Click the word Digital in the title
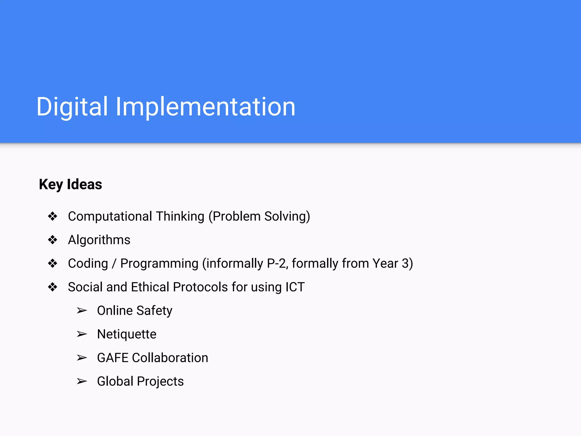pyautogui.click(x=72, y=107)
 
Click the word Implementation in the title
pyautogui.click(x=206, y=107)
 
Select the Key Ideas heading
pyautogui.click(x=70, y=185)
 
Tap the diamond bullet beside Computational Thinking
pyautogui.click(x=52, y=216)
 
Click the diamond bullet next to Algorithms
pyautogui.click(x=52, y=240)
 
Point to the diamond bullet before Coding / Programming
pyautogui.click(x=52, y=263)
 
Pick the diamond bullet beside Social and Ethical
pyautogui.click(x=52, y=287)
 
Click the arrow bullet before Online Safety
pyautogui.click(x=82, y=311)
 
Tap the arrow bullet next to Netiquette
pyautogui.click(x=82, y=334)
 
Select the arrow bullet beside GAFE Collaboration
pyautogui.click(x=82, y=358)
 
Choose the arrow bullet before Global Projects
pyautogui.click(x=82, y=381)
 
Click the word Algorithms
pyautogui.click(x=99, y=240)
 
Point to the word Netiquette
pyautogui.click(x=127, y=334)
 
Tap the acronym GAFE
pyautogui.click(x=113, y=358)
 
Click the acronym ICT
pyautogui.click(x=295, y=287)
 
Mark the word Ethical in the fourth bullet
pyautogui.click(x=150, y=287)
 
